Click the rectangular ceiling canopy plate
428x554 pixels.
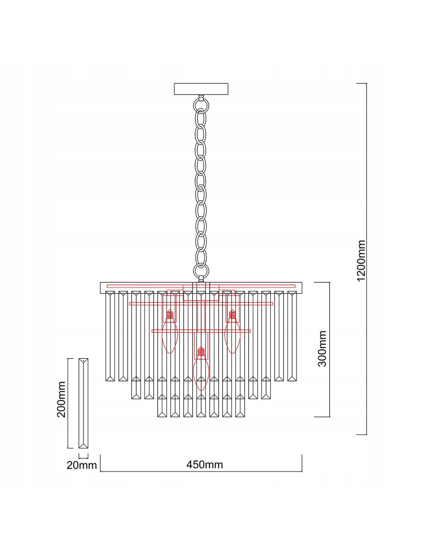[x=201, y=89]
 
